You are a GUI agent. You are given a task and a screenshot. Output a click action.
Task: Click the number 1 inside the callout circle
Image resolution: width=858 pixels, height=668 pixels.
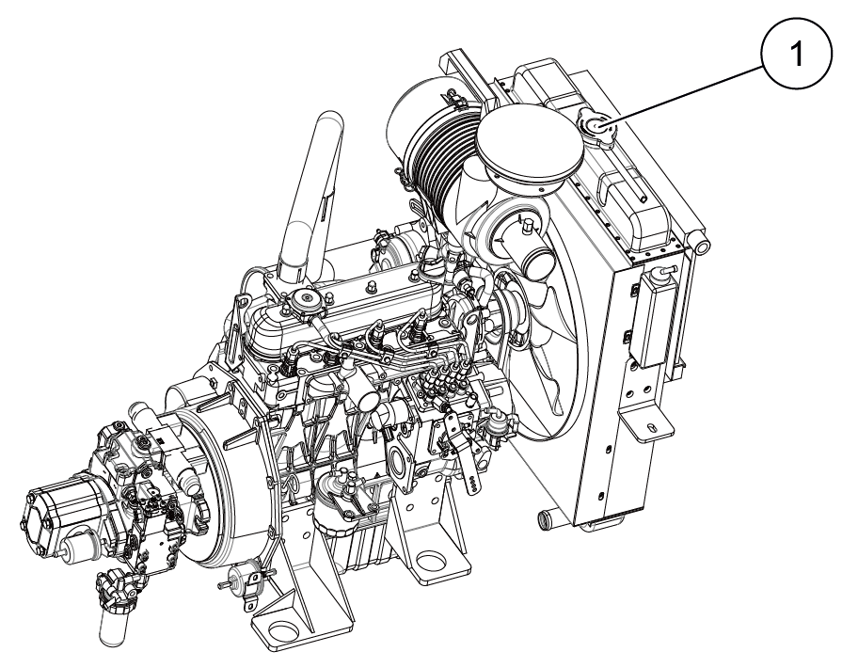pos(797,55)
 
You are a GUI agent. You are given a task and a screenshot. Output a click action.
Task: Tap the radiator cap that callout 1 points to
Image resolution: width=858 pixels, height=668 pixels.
pos(595,127)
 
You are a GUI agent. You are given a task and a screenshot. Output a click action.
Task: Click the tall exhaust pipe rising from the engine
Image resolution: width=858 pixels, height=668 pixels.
pos(313,193)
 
